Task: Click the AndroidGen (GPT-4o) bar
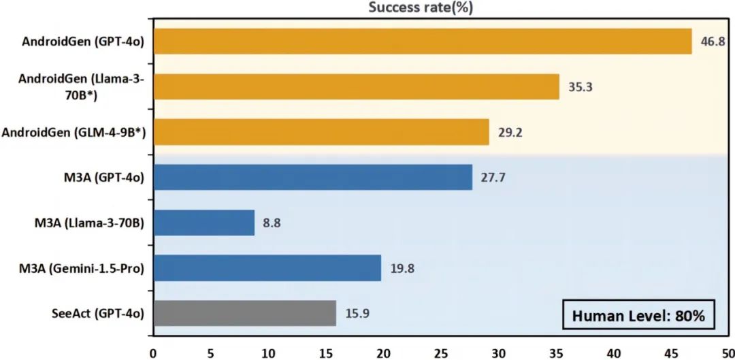click(x=422, y=46)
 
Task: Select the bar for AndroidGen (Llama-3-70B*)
click(x=356, y=87)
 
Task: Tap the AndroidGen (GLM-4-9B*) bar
click(x=321, y=132)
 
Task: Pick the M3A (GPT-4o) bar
click(x=312, y=178)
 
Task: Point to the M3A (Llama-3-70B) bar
click(x=203, y=223)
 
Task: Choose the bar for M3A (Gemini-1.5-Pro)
click(x=267, y=268)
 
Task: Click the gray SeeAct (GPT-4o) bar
click(x=244, y=313)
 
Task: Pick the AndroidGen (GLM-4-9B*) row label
click(x=75, y=133)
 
